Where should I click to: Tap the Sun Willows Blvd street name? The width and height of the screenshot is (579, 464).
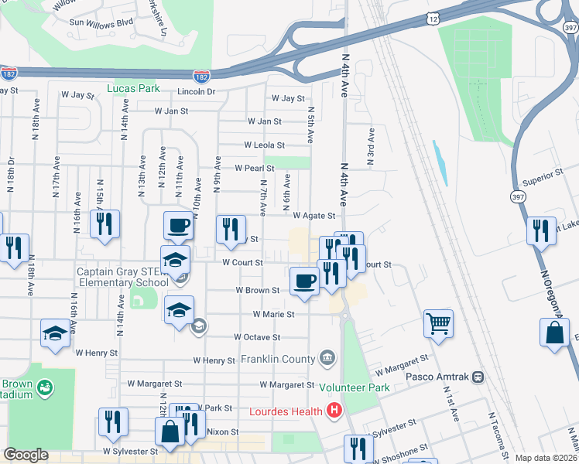pos(101,22)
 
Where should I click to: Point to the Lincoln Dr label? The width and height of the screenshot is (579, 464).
pos(196,91)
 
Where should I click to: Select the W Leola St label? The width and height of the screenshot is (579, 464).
pos(265,145)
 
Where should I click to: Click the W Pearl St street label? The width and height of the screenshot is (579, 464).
pos(255,168)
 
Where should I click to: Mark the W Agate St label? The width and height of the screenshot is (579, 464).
pos(313,217)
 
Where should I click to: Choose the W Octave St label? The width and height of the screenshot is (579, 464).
pos(257,337)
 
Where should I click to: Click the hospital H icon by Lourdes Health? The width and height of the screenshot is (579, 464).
pos(334,411)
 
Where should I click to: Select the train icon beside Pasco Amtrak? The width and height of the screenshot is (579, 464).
pos(478,377)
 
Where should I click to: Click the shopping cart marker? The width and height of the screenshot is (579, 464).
pos(438,322)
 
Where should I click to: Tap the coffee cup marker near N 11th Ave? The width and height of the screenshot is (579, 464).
pos(178,225)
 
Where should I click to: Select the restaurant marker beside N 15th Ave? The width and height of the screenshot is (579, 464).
pos(104,223)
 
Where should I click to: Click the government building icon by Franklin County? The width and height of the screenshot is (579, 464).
pos(327,358)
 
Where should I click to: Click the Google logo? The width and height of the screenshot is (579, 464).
pos(26,455)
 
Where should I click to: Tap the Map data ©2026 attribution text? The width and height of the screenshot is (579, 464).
pos(546,458)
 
